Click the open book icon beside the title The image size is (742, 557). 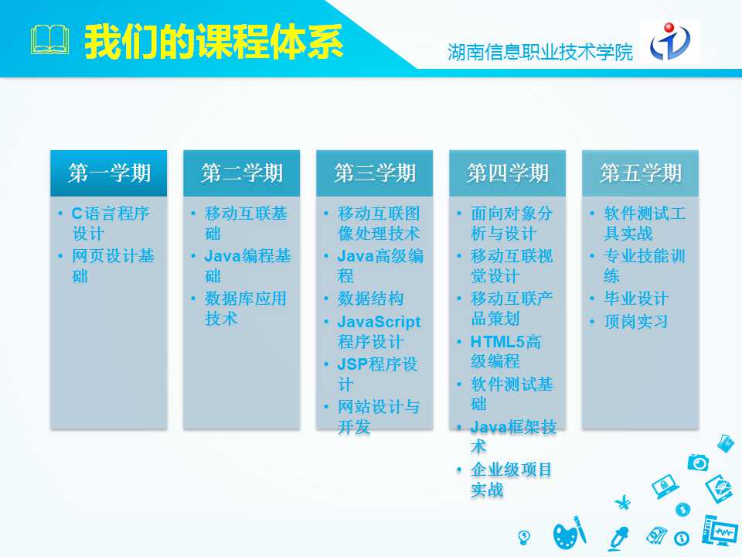[x=49, y=40]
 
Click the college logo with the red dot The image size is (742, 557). [x=670, y=41]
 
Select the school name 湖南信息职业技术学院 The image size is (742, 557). [x=540, y=52]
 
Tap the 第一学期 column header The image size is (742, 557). [x=109, y=173]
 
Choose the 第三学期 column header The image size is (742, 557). [x=374, y=173]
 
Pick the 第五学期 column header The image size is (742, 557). [x=640, y=173]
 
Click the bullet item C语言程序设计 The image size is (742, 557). [x=111, y=223]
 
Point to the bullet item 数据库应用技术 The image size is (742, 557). [x=245, y=309]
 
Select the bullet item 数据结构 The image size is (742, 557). [x=370, y=299]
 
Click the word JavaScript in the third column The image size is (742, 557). [x=379, y=322]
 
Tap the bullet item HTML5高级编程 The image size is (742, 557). [x=505, y=351]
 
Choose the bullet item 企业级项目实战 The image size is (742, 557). [x=511, y=480]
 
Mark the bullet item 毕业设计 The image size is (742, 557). [x=636, y=299]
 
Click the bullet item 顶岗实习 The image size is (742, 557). [x=636, y=322]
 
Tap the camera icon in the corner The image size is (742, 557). [x=698, y=462]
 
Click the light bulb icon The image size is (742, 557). [x=524, y=537]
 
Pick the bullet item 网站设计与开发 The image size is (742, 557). [x=378, y=416]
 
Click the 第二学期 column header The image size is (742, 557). [x=241, y=173]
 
